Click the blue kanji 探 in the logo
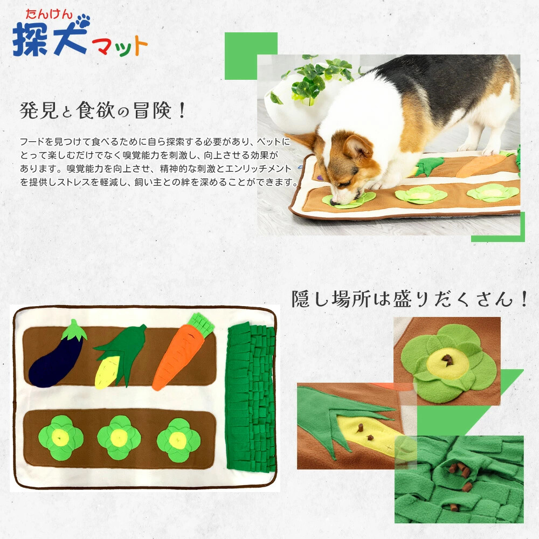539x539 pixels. click(x=30, y=39)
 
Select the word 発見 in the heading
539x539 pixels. click(x=39, y=110)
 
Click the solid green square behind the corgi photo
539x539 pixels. click(x=251, y=56)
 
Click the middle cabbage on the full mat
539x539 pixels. click(x=119, y=438)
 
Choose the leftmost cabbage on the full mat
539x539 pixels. click(x=61, y=438)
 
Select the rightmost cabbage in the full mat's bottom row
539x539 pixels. click(x=178, y=440)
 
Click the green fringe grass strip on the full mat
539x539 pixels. click(x=251, y=397)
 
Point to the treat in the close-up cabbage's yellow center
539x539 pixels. click(x=447, y=361)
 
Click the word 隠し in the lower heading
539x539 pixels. click(x=312, y=299)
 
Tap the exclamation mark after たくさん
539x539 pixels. click(x=524, y=299)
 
